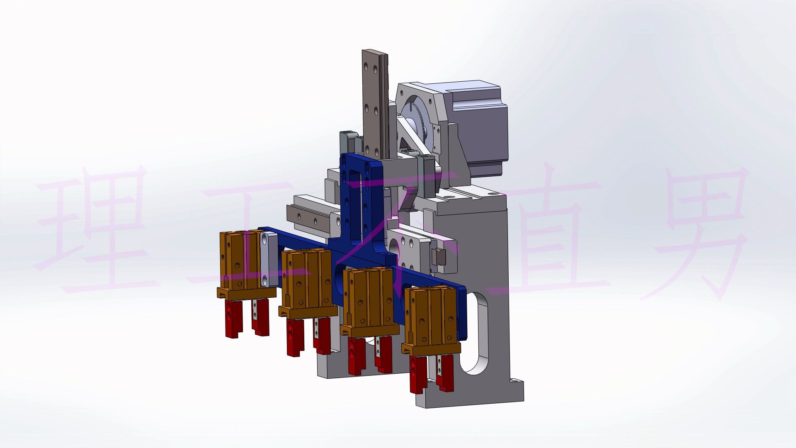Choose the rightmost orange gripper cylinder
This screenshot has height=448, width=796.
431,319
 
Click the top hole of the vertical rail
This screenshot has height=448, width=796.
366,66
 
